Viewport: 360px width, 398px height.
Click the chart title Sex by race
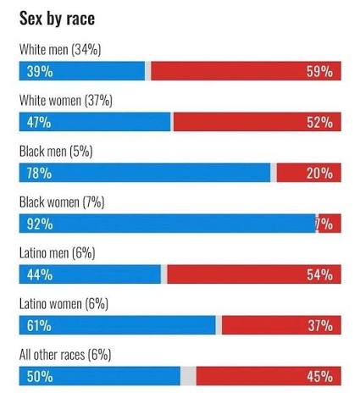coord(57,19)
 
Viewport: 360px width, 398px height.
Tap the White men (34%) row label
coord(60,50)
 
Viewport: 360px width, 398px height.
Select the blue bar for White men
coord(82,71)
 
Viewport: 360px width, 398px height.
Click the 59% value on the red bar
coord(319,71)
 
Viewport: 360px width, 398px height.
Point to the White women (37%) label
coord(66,101)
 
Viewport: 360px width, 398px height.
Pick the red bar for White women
coord(258,122)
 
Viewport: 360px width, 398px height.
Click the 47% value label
coord(39,122)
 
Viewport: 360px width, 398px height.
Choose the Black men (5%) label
coord(56,152)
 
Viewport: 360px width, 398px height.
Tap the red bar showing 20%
coord(309,173)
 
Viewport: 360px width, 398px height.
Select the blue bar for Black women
coord(168,224)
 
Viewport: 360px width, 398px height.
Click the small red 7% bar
coord(330,224)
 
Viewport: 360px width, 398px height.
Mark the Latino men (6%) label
coord(58,253)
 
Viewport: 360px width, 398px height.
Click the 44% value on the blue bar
coord(40,274)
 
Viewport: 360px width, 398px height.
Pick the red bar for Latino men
coord(254,274)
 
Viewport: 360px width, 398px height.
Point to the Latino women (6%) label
coord(64,304)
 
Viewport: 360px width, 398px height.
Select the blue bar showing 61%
coord(117,325)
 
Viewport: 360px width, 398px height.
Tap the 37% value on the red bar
coord(320,325)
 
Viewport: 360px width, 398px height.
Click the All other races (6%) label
coord(65,355)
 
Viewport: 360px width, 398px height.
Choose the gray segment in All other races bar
coord(188,376)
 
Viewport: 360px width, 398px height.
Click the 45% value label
coord(320,376)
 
